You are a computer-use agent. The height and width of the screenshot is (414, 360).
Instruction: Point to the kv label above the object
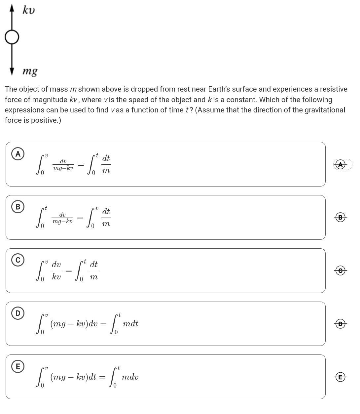pyautogui.click(x=29, y=10)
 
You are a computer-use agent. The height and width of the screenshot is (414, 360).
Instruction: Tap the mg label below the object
pyautogui.click(x=30, y=71)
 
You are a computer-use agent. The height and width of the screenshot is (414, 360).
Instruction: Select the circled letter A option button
pyautogui.click(x=18, y=154)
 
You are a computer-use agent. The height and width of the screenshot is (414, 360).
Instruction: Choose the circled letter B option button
pyautogui.click(x=18, y=207)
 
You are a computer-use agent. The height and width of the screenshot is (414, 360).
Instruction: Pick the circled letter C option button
pyautogui.click(x=18, y=260)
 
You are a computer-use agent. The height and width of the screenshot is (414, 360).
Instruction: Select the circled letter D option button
pyautogui.click(x=18, y=313)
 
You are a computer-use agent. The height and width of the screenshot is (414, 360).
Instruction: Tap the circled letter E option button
pyautogui.click(x=18, y=366)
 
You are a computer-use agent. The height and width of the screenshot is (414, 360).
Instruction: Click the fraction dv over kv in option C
pyautogui.click(x=56, y=270)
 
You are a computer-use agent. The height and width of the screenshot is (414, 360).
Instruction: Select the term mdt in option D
pyautogui.click(x=130, y=324)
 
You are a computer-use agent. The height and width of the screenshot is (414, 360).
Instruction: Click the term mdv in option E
pyautogui.click(x=130, y=377)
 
